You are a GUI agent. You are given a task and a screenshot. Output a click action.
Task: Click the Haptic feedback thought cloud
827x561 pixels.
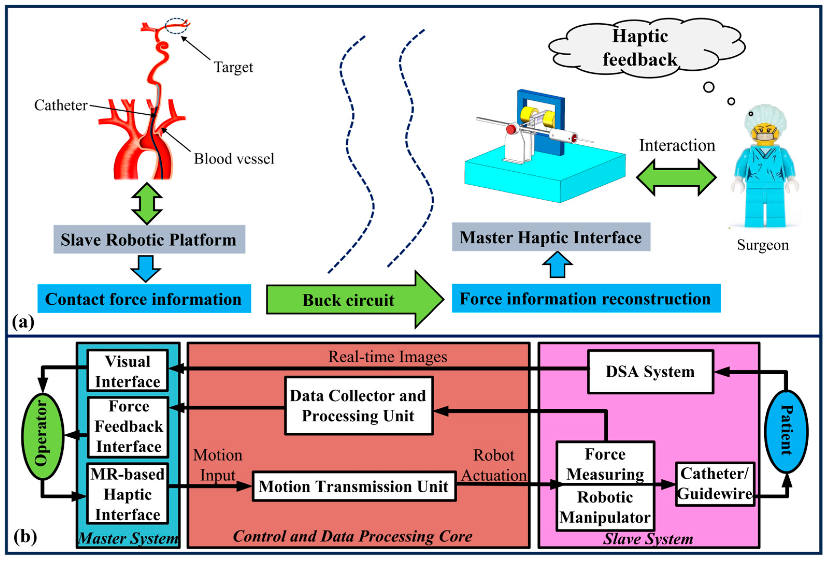pyautogui.click(x=641, y=48)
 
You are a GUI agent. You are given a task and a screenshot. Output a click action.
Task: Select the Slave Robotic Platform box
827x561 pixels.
pyautogui.click(x=149, y=239)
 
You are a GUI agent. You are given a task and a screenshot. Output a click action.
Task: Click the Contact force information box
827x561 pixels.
pyautogui.click(x=144, y=299)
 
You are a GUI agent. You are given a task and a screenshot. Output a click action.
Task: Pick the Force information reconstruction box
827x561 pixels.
pyautogui.click(x=586, y=298)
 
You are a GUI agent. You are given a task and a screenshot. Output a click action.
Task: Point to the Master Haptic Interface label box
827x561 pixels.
pyautogui.click(x=551, y=237)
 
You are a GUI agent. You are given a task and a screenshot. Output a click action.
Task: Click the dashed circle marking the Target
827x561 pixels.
pyautogui.click(x=176, y=26)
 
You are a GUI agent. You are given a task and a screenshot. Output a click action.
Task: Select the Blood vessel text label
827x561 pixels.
pyautogui.click(x=234, y=159)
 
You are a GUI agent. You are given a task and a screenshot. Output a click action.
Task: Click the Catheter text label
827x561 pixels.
pyautogui.click(x=61, y=105)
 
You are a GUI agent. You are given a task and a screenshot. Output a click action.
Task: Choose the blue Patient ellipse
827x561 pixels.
pyautogui.click(x=786, y=431)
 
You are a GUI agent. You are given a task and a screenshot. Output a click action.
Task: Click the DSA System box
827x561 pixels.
pyautogui.click(x=650, y=372)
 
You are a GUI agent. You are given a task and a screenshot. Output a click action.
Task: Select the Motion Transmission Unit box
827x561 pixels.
pyautogui.click(x=354, y=486)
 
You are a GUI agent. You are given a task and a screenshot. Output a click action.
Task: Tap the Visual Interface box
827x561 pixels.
pyautogui.click(x=127, y=371)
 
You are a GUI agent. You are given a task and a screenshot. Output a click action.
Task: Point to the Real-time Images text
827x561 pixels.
pyautogui.click(x=387, y=357)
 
